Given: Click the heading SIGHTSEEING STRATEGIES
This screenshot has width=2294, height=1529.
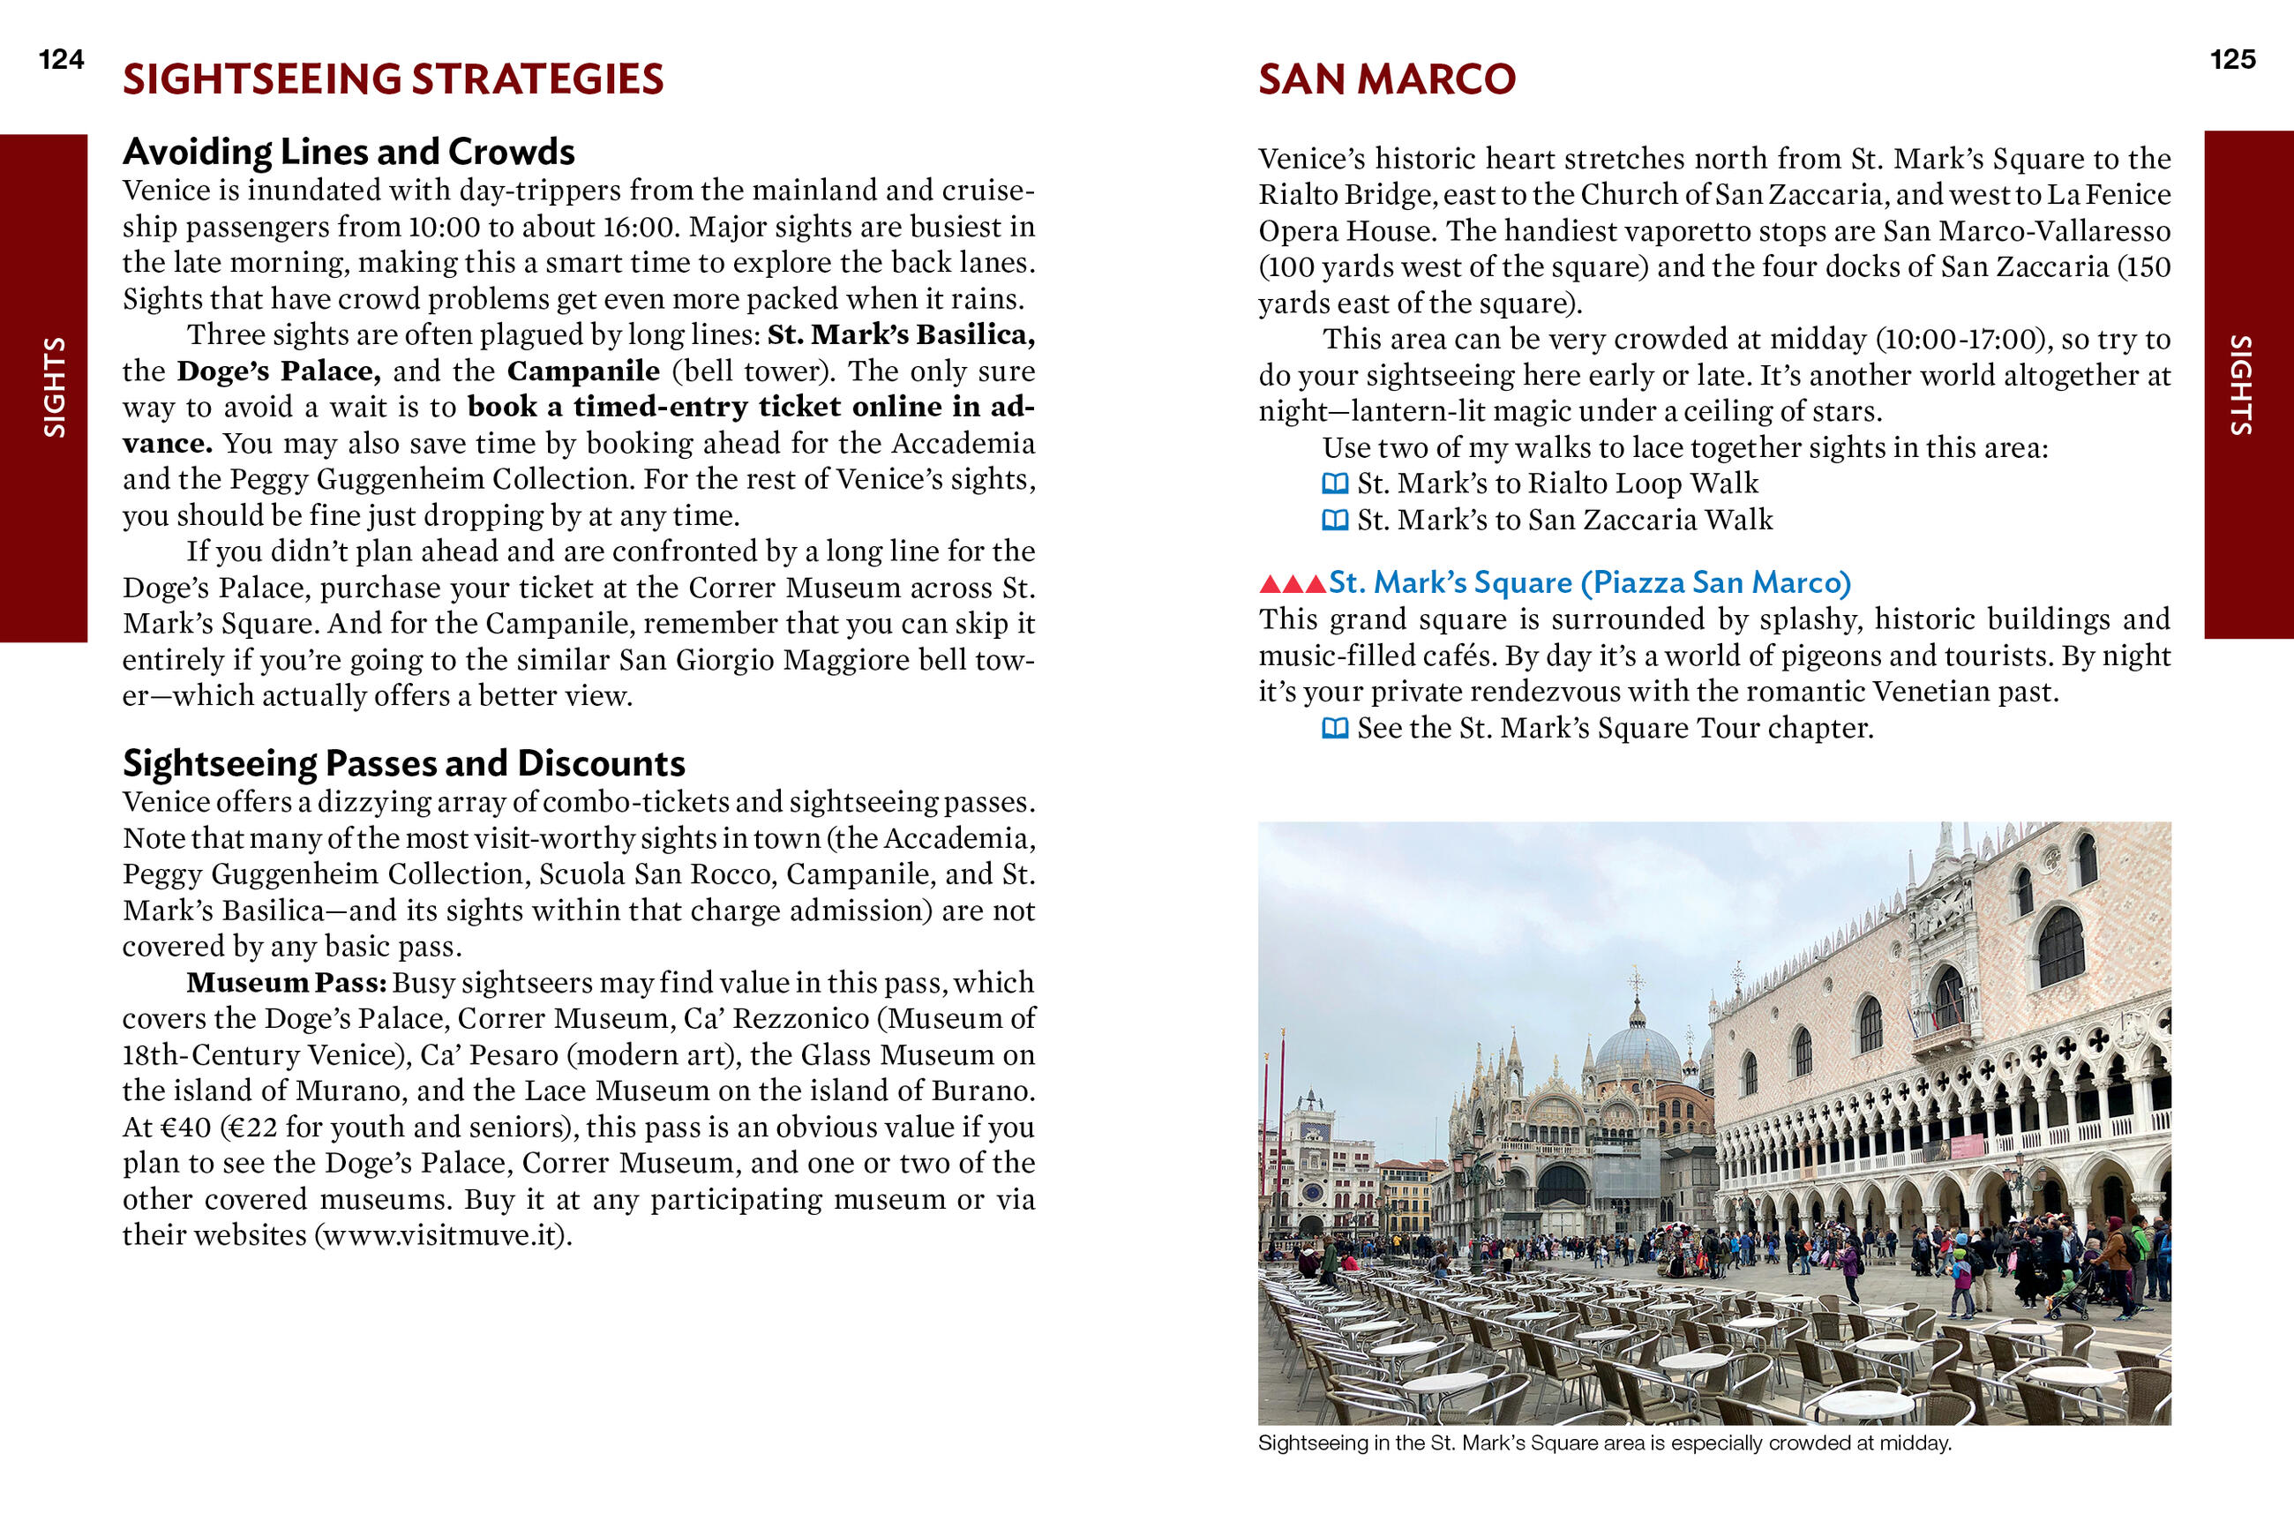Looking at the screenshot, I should pyautogui.click(x=393, y=80).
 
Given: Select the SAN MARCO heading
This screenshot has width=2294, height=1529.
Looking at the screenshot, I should pyautogui.click(x=1386, y=80).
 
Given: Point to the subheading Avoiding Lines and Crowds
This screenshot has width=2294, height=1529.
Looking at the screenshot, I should pyautogui.click(x=348, y=152).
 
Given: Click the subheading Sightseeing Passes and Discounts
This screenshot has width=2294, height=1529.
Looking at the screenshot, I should pyautogui.click(x=403, y=763).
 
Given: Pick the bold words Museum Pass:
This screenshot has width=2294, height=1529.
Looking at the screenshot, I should pyautogui.click(x=287, y=983).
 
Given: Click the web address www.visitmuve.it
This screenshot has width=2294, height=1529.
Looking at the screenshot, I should pyautogui.click(x=444, y=1235).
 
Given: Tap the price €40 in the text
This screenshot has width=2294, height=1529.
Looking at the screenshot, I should pyautogui.click(x=185, y=1128).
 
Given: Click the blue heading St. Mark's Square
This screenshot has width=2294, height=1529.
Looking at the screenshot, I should pyautogui.click(x=1589, y=583).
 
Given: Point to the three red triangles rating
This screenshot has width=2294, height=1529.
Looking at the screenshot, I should pyautogui.click(x=1292, y=584).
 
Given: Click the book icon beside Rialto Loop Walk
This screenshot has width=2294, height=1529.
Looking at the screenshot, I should pyautogui.click(x=1335, y=483).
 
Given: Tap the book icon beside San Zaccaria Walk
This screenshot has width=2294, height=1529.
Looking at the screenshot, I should pyautogui.click(x=1335, y=520).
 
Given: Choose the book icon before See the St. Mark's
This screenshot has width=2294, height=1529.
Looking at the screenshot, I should pyautogui.click(x=1335, y=729).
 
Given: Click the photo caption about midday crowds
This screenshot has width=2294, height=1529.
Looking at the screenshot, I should pyautogui.click(x=1605, y=1443).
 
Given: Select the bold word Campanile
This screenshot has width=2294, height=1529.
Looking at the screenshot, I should pyautogui.click(x=583, y=371).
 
